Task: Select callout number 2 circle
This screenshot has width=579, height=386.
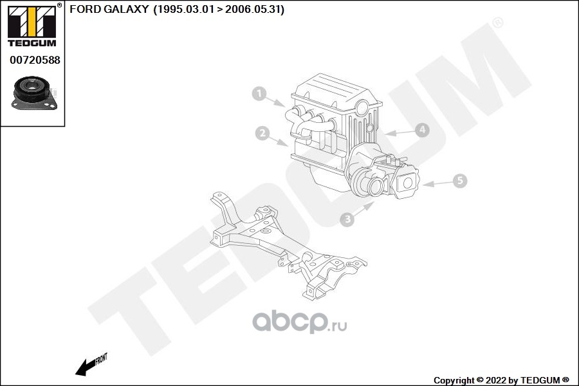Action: pos(261,133)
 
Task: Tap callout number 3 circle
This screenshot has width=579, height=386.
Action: pos(347,219)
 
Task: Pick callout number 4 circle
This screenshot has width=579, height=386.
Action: pos(421,130)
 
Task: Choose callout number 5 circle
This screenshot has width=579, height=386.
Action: pos(459,181)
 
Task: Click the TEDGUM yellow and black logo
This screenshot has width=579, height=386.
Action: pos(32,24)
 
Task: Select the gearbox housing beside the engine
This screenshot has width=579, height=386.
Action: pos(380,174)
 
